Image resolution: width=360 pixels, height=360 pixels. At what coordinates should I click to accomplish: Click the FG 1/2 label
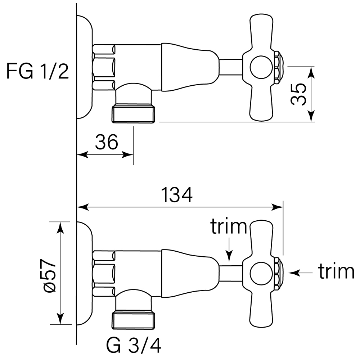point(37,72)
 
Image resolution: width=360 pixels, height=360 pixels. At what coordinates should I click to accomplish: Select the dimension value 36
point(107,143)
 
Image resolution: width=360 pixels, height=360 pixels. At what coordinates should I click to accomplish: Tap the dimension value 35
point(298,94)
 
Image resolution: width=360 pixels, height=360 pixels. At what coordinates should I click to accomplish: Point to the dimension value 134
point(176,195)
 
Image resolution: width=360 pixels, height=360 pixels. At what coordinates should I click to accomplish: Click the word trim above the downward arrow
point(229,227)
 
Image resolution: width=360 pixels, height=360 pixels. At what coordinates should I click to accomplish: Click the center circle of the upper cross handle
point(260,68)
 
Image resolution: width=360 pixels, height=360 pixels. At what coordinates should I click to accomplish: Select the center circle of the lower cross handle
point(260,273)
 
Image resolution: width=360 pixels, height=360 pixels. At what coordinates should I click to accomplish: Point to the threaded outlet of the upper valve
point(134,113)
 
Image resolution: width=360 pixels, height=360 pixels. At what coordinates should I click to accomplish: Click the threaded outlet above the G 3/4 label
point(134,320)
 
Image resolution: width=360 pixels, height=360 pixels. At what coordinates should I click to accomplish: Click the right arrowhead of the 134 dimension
point(279,207)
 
